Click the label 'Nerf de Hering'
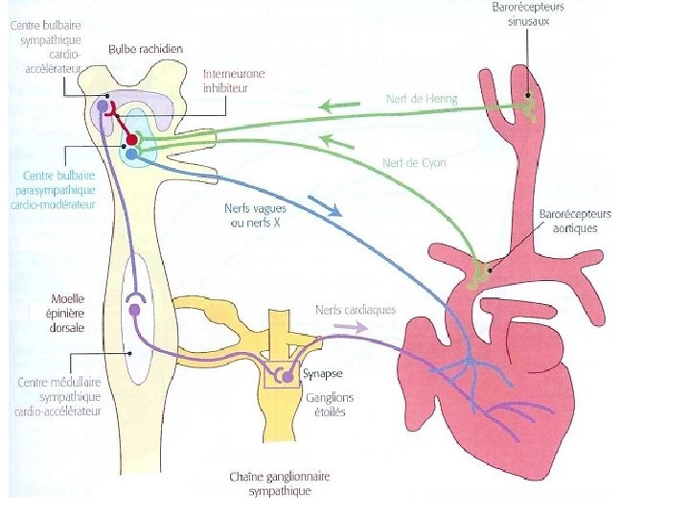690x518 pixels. pos(422,99)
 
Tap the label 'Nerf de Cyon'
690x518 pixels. pos(414,163)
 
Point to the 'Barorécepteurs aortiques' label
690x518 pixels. pos(575,221)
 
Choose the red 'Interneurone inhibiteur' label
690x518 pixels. pos(234,81)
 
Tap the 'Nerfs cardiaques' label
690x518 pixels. pos(356,310)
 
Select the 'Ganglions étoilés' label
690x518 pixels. pos(329,405)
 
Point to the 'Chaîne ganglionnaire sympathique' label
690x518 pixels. pos(280,483)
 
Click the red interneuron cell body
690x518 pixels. pos(132,140)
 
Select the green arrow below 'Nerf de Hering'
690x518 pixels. pos(339,106)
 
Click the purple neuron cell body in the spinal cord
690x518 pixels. pos(134,309)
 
